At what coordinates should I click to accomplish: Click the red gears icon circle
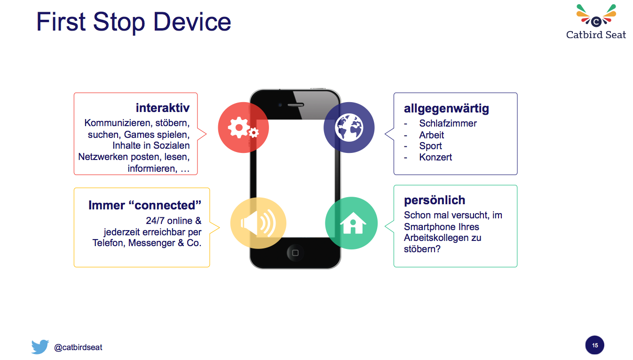pos(243,128)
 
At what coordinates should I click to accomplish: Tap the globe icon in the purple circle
pos(349,128)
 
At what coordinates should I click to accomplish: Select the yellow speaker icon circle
pos(258,223)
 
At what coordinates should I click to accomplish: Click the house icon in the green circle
pos(353,223)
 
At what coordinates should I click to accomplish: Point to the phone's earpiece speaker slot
pos(296,105)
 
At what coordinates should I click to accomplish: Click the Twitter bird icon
pos(40,347)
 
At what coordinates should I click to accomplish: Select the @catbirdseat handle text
pos(78,347)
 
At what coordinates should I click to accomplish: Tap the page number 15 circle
pos(594,345)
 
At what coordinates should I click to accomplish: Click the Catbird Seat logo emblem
pos(596,16)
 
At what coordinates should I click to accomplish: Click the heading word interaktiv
pos(163,108)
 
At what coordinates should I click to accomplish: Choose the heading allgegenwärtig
pos(446,109)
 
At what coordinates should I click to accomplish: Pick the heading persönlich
pos(435,200)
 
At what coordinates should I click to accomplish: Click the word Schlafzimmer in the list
pos(448,123)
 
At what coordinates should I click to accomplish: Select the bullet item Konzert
pos(435,157)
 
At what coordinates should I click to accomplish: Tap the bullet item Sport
pos(430,146)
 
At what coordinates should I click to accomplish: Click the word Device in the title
pos(192,22)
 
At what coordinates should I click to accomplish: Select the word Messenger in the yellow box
pos(151,243)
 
